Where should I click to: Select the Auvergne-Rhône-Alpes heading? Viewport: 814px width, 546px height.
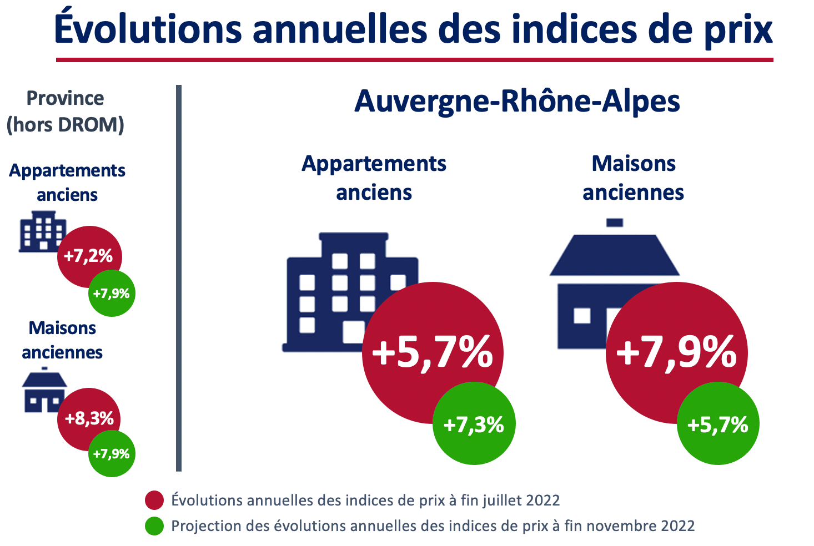(517, 102)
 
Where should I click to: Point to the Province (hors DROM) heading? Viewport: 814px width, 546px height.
(65, 111)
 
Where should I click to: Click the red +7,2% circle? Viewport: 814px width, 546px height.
(89, 256)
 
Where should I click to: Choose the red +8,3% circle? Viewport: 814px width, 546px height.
(89, 418)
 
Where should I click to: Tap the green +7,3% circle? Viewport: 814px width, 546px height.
(474, 424)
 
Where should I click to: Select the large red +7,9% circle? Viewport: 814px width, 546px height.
(676, 353)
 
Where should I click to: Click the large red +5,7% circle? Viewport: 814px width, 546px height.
(432, 353)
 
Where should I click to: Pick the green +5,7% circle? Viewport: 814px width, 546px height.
(718, 424)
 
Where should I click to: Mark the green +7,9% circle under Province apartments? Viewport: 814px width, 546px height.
(112, 294)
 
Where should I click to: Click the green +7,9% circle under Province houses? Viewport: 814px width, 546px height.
(112, 454)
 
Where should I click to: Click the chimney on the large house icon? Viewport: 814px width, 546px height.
(614, 223)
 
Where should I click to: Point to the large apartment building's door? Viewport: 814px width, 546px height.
(353, 332)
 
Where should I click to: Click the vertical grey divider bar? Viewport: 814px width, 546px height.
(179, 277)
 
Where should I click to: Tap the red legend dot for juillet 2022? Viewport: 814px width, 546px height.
(154, 500)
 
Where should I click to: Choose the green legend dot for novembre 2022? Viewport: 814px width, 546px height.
(154, 525)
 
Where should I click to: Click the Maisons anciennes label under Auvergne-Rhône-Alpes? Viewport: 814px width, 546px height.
(633, 178)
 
